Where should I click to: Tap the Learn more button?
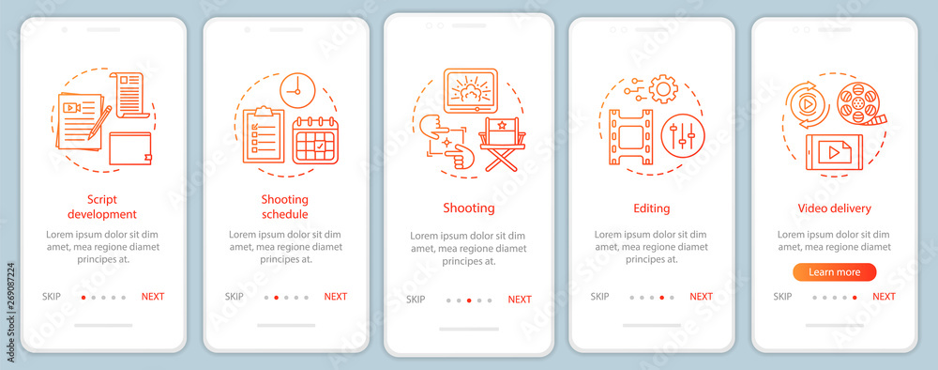click(x=835, y=272)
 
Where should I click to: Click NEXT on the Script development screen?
click(x=153, y=297)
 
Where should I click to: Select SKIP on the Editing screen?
click(x=599, y=297)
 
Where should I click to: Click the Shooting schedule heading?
click(x=285, y=207)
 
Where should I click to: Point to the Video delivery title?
click(x=835, y=208)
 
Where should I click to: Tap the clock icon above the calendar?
click(x=297, y=91)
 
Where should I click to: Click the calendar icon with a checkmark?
click(x=315, y=140)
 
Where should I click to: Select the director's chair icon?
click(x=503, y=145)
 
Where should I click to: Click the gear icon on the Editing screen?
click(x=663, y=89)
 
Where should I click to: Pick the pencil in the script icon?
click(x=98, y=122)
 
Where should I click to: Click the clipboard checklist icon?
click(x=264, y=134)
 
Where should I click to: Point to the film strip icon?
click(x=630, y=137)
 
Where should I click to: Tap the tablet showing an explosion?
click(x=471, y=91)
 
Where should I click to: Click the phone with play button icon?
click(x=834, y=152)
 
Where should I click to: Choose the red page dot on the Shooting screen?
click(x=469, y=301)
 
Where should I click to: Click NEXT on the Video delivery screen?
click(x=884, y=297)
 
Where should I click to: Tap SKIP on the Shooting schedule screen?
click(x=234, y=297)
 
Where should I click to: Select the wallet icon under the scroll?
click(x=130, y=148)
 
